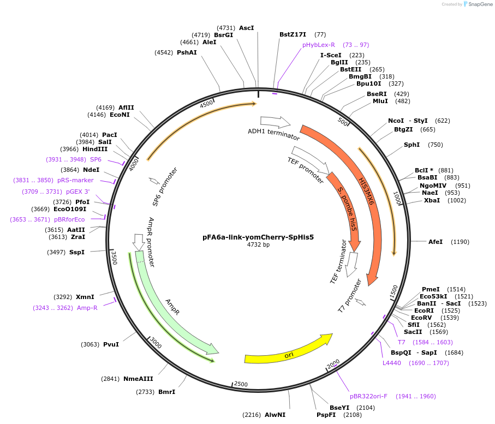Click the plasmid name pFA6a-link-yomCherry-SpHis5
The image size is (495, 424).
pyautogui.click(x=258, y=237)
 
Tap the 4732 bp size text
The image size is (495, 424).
pyautogui.click(x=258, y=245)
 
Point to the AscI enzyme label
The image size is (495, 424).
pyautogui.click(x=247, y=28)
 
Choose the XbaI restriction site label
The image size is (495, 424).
pyautogui.click(x=432, y=200)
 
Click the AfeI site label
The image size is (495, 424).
pyautogui.click(x=436, y=241)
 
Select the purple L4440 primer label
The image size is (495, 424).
pyautogui.click(x=392, y=362)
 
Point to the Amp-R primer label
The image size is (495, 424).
pyautogui.click(x=87, y=308)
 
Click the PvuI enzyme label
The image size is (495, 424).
pyautogui.click(x=111, y=344)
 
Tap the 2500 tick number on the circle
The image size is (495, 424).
pyautogui.click(x=241, y=385)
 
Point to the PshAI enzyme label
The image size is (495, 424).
pyautogui.click(x=187, y=52)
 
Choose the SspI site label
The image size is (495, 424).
pyautogui.click(x=77, y=252)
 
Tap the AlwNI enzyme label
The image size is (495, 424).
pyautogui.click(x=275, y=415)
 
